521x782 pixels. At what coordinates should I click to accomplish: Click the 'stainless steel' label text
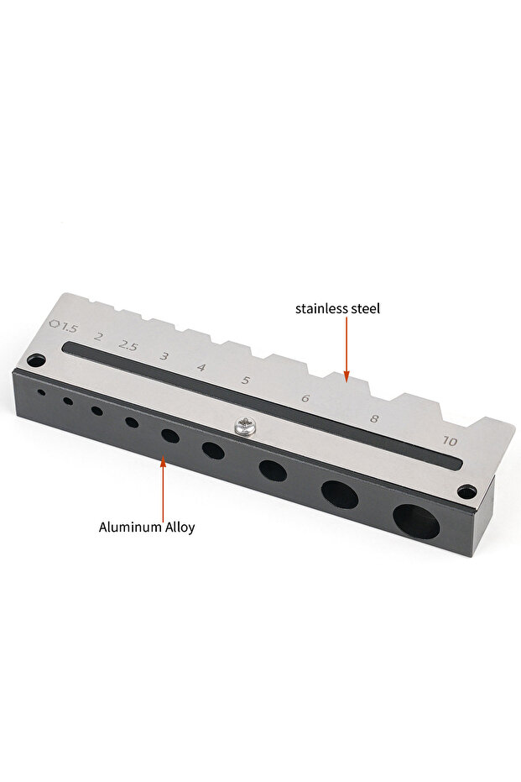[337, 309]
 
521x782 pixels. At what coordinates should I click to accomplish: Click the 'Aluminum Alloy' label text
[147, 527]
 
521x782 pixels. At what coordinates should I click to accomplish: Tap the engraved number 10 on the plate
[450, 441]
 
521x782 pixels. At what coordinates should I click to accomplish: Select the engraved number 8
[374, 418]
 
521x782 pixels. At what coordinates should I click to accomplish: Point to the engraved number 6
[305, 398]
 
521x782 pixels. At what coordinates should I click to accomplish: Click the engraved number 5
[245, 381]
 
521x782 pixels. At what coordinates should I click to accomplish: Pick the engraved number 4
[201, 368]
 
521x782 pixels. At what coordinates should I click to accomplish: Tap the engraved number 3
[164, 356]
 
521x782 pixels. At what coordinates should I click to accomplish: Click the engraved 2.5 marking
[128, 345]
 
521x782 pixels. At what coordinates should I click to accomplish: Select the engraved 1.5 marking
[70, 328]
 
